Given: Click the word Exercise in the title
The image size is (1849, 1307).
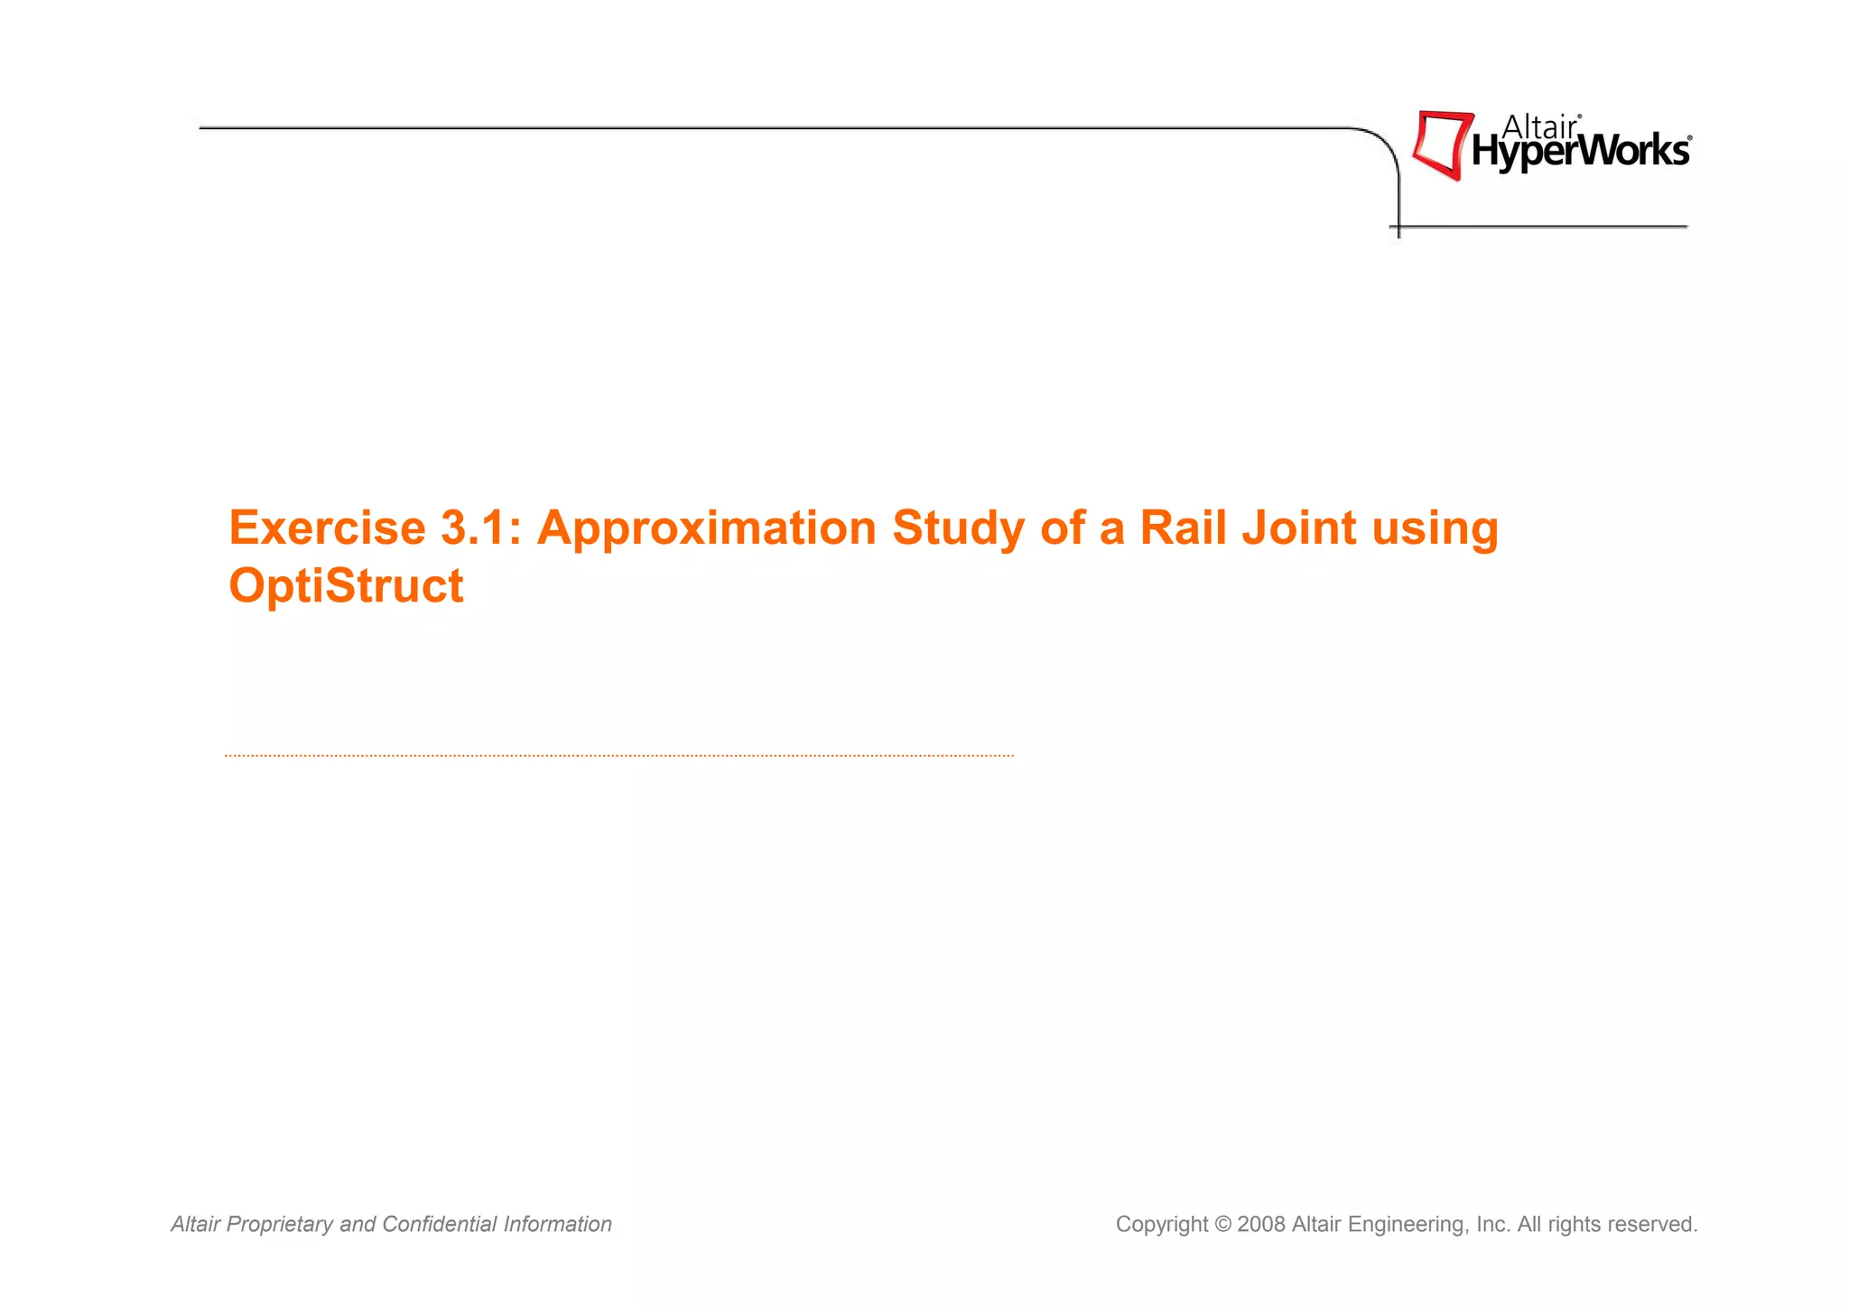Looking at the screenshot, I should [327, 528].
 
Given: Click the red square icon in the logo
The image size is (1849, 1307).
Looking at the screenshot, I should [1441, 145].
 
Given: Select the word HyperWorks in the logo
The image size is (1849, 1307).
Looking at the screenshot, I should [1580, 152].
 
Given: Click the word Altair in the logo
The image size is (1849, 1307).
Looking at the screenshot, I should [1540, 127].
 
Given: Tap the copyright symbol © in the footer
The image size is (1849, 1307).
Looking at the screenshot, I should [1222, 1225].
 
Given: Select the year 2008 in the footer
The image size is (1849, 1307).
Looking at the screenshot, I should [1261, 1225].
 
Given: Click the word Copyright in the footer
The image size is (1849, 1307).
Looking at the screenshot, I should [1161, 1226].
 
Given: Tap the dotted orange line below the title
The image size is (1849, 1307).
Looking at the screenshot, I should [619, 755].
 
